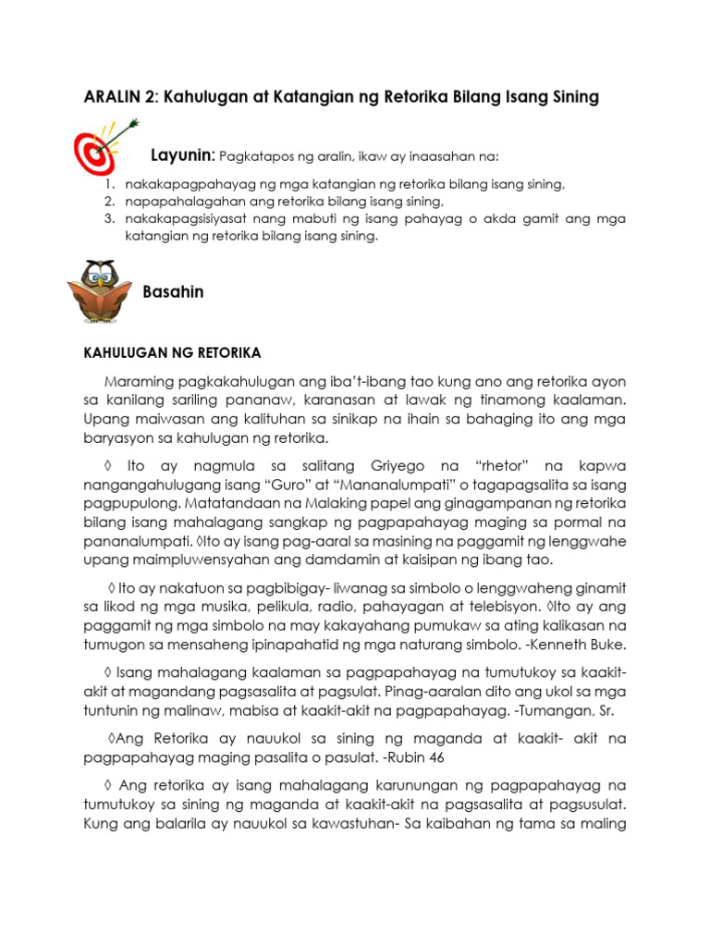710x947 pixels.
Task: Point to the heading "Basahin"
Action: (173, 292)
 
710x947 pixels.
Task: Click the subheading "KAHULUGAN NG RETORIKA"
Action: (173, 353)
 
